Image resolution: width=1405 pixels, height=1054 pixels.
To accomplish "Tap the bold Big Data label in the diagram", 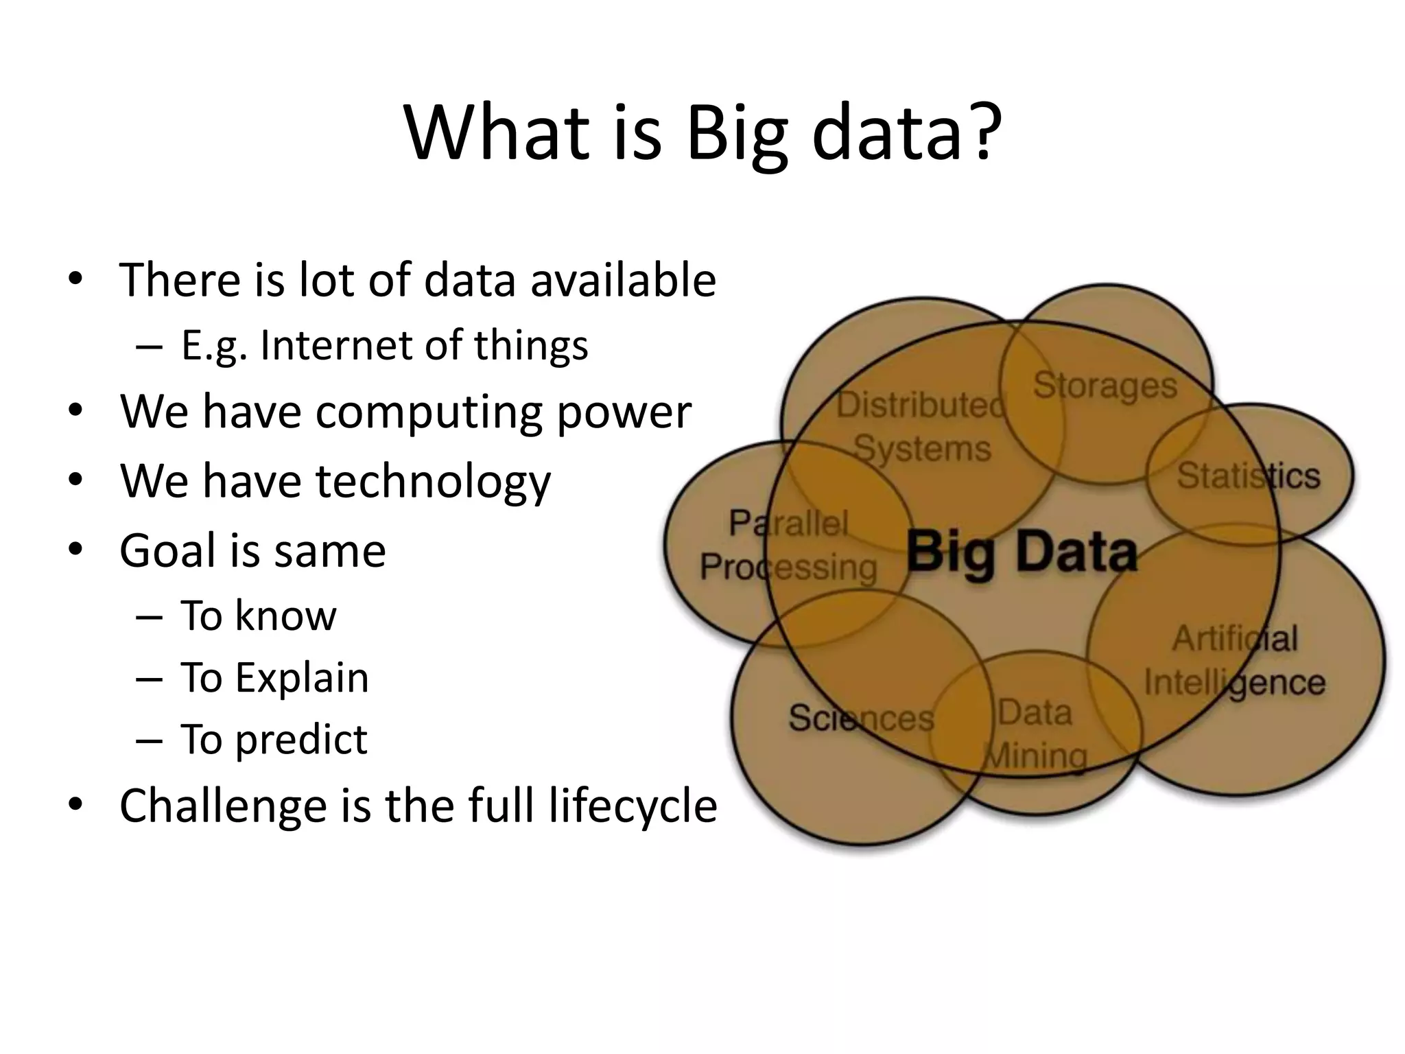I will coord(1022,553).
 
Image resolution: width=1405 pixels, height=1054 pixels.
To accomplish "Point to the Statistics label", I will coord(1248,476).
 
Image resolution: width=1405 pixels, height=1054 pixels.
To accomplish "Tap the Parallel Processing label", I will coord(788,546).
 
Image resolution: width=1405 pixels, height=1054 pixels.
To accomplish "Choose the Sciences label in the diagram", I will coord(860,718).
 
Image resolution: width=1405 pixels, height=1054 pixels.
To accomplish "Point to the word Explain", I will coord(302,678).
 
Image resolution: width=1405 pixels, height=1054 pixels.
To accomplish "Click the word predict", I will coord(301,740).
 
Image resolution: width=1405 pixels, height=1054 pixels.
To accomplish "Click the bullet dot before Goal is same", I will coord(75,550).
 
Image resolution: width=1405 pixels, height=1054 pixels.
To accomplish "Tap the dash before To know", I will coord(150,616).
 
